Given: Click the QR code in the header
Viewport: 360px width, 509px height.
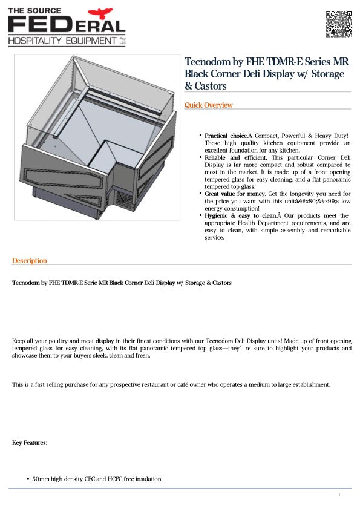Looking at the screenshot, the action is tap(338, 24).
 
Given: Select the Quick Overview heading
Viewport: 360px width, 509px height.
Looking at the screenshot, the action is tap(209, 105).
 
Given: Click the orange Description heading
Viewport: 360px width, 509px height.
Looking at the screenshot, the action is tap(29, 261).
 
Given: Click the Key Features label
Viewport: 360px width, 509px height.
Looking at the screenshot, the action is tap(30, 443).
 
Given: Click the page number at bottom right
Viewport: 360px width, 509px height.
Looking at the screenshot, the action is tap(339, 495).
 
